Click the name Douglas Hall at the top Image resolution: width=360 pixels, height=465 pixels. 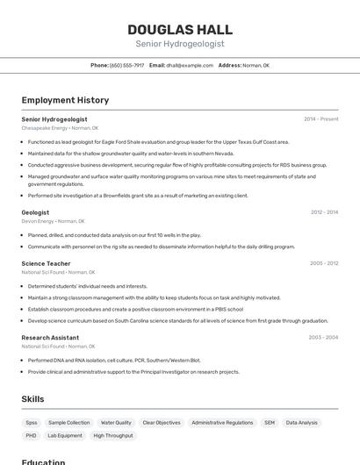pos(179,29)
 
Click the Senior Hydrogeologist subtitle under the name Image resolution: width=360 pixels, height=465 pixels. pos(179,44)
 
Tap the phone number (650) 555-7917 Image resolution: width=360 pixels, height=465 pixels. pos(126,65)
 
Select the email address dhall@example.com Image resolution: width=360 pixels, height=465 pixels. pos(190,65)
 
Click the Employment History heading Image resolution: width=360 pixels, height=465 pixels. pos(65,100)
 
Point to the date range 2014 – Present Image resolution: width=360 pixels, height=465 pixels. pos(320,119)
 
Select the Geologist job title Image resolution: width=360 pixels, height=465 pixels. pos(35,212)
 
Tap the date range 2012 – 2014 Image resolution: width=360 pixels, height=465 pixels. pos(324,212)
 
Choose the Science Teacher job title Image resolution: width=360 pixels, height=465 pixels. pos(46,263)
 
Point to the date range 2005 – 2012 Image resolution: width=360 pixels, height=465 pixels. pos(324,263)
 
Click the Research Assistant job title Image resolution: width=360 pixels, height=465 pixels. pos(50,337)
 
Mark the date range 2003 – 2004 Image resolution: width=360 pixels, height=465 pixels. pos(323,337)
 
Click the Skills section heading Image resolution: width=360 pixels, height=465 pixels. pos(32,399)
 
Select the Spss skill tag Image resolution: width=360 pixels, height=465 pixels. pos(32,423)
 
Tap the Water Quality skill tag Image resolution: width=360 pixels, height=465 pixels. pos(116,423)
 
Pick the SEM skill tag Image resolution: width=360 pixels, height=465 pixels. pos(269,423)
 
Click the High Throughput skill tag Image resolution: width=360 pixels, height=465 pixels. pos(112,435)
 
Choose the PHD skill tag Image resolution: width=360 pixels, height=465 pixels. pos(31,435)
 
